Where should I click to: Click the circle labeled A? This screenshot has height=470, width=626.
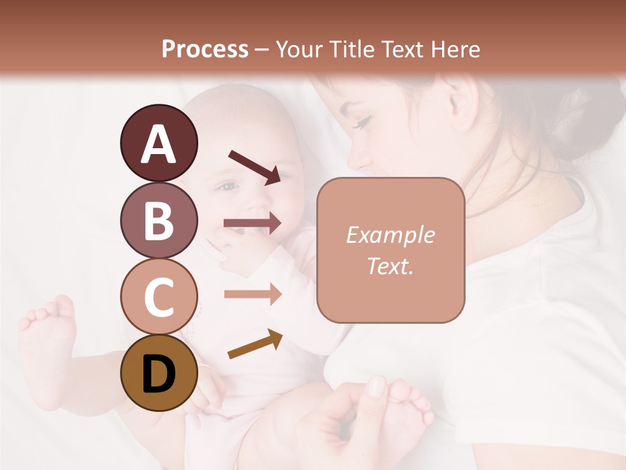(158, 144)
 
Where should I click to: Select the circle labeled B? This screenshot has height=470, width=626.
(158, 220)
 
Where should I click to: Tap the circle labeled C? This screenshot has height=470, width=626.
(158, 297)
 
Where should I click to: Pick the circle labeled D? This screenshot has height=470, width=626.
(158, 373)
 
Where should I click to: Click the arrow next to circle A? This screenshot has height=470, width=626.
(254, 166)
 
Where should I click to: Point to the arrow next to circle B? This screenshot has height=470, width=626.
(252, 223)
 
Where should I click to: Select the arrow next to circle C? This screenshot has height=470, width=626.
(252, 294)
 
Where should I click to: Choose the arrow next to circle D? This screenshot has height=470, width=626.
(255, 345)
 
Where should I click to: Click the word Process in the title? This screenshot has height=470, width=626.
(205, 49)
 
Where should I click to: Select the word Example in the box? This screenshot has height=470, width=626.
(390, 235)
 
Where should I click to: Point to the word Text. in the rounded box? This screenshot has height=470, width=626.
(390, 266)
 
